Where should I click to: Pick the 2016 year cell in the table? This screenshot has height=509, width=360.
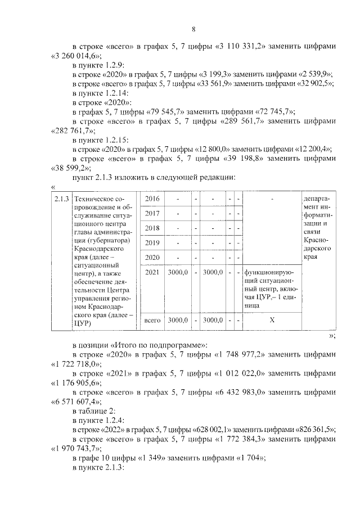click(152, 200)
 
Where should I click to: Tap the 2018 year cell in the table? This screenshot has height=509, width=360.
click(152, 229)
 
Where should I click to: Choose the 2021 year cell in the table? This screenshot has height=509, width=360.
click(152, 273)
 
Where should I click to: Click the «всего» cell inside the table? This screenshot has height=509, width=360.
click(152, 320)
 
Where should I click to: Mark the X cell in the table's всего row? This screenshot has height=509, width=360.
click(272, 320)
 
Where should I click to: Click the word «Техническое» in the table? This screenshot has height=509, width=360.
click(98, 200)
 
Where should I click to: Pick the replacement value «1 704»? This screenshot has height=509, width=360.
click(246, 458)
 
